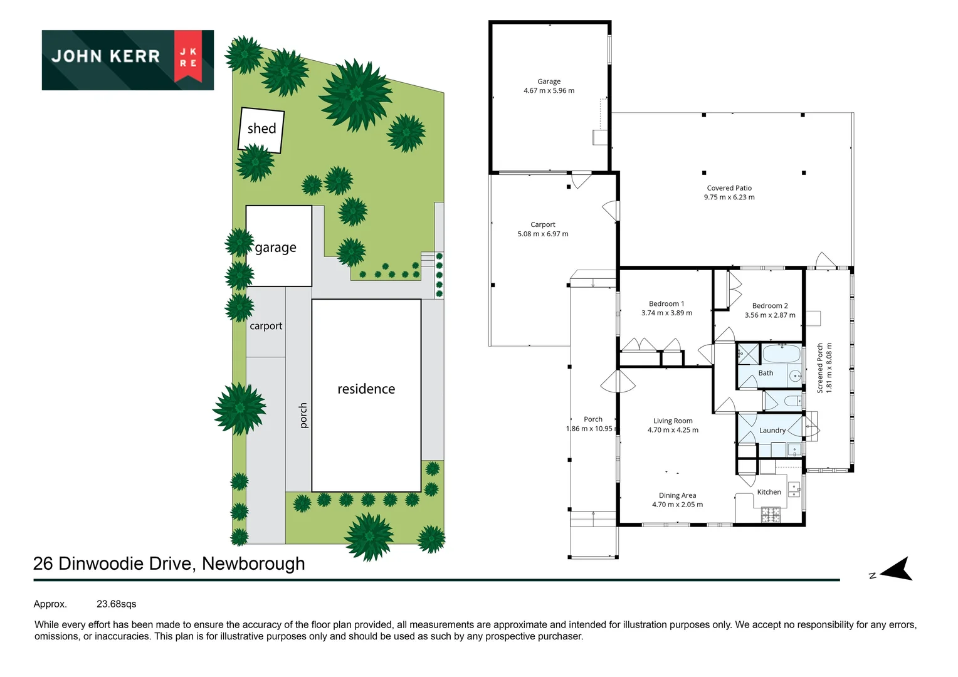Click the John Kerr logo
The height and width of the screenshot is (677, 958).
[128, 60]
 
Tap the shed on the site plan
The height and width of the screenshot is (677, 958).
[261, 130]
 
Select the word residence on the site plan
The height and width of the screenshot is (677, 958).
[366, 389]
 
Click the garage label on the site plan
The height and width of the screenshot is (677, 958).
[276, 248]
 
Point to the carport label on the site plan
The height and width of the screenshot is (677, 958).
[266, 326]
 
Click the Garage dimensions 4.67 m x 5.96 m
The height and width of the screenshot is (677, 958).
[549, 91]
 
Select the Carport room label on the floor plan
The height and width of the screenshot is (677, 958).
[543, 224]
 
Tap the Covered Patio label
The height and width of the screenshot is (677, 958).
[729, 188]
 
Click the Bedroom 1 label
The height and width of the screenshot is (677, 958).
[666, 304]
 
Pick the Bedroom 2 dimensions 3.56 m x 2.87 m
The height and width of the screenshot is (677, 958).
[770, 315]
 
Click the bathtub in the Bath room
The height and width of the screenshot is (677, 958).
[782, 354]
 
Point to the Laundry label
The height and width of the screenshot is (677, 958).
[772, 431]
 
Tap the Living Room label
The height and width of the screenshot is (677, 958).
[673, 421]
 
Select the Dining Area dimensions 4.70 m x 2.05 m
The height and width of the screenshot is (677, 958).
[677, 505]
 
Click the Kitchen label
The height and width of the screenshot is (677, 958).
[769, 492]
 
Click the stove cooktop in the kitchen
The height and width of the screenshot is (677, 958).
[771, 515]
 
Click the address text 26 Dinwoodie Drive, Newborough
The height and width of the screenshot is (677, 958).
[169, 564]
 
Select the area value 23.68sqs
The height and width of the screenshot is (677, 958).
[116, 604]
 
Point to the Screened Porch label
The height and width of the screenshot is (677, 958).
[820, 368]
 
